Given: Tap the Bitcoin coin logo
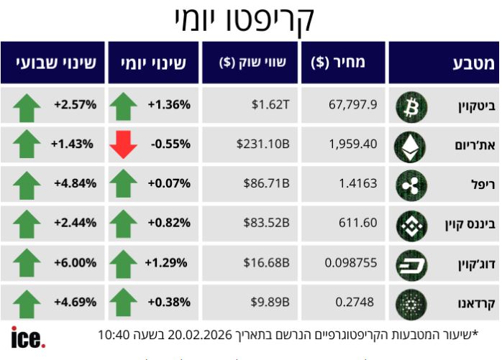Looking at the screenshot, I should [411, 106].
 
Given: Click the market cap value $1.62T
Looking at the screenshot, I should [270, 105].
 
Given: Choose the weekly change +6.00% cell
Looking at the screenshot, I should [75, 262].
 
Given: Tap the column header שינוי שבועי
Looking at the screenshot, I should [53, 63].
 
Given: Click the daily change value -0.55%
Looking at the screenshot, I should [170, 144].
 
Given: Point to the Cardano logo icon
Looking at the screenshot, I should [411, 302].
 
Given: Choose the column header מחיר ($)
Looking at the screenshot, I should [338, 63].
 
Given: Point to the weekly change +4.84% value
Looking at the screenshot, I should [75, 183].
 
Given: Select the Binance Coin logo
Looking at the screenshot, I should [411, 223].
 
